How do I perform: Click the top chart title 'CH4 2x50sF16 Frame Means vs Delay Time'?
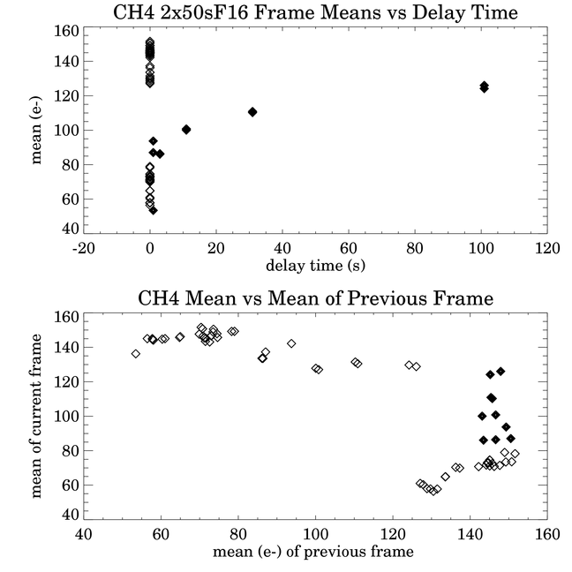pos(315,12)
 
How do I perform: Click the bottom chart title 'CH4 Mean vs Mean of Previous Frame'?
pos(315,298)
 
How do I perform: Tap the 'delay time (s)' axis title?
pos(315,265)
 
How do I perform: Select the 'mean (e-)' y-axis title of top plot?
pos(36,131)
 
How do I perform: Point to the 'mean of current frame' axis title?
pos(36,417)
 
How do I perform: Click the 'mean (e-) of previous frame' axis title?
pos(313,551)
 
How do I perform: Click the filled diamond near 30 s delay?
pos(252,112)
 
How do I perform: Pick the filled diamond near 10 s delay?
pos(186,130)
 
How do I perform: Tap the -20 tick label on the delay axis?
pos(84,249)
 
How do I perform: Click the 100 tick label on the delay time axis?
pos(481,249)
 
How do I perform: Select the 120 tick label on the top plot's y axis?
pos(66,96)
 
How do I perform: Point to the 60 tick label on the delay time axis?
pos(349,249)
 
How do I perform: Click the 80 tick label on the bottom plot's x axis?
pos(238,534)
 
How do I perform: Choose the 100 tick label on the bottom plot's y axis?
pos(66,417)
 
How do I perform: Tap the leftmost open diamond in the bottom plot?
pos(136,353)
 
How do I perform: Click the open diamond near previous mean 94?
pos(291,343)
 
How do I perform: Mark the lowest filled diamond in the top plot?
pos(154,210)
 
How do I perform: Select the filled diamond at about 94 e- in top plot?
pos(154,141)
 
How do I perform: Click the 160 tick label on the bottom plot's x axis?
pos(547,534)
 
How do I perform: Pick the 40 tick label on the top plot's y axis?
pos(71,229)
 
